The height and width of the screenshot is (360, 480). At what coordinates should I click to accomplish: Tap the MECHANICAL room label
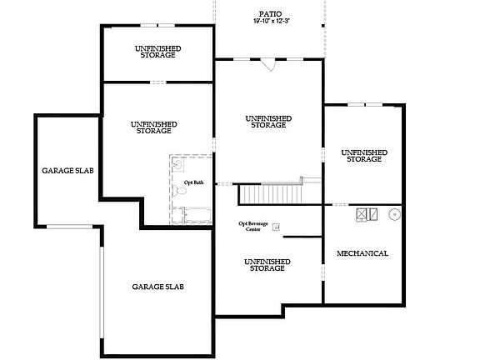point(362,252)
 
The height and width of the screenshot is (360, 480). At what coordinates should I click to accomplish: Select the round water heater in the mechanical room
point(393,213)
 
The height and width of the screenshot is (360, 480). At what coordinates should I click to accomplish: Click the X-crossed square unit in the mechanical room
point(362,213)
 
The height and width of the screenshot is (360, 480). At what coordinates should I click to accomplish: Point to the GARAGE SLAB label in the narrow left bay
point(67,171)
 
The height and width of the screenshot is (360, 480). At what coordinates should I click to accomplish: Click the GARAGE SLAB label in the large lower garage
point(157,287)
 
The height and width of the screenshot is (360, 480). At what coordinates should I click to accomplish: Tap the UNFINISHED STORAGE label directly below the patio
point(267,122)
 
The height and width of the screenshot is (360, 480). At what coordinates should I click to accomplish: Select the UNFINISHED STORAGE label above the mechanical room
point(363,155)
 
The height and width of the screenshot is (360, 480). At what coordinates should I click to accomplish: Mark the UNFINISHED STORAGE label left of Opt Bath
point(153,127)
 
